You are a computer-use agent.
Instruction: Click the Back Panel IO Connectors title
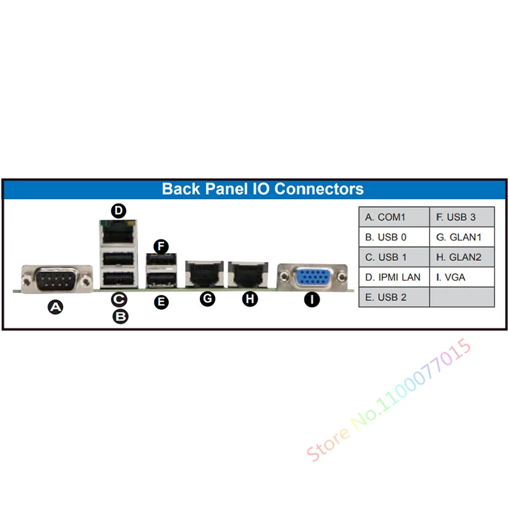[x=263, y=189]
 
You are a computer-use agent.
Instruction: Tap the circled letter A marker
[x=57, y=308]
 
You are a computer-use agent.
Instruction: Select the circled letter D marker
[x=118, y=211]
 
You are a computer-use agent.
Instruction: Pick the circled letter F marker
[x=162, y=245]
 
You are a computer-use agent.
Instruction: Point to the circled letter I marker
[x=311, y=299]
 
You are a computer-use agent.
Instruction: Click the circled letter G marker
[x=207, y=299]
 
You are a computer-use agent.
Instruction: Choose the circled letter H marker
[x=251, y=299]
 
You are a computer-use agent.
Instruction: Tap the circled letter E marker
[x=162, y=302]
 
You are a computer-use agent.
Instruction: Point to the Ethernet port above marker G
[x=204, y=274]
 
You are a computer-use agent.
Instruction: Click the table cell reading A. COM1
[x=394, y=218]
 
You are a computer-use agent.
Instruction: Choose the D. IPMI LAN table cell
[x=394, y=277]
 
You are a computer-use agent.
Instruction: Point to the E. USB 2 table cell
[x=394, y=297]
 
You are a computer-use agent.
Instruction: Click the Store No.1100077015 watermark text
[x=389, y=400]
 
